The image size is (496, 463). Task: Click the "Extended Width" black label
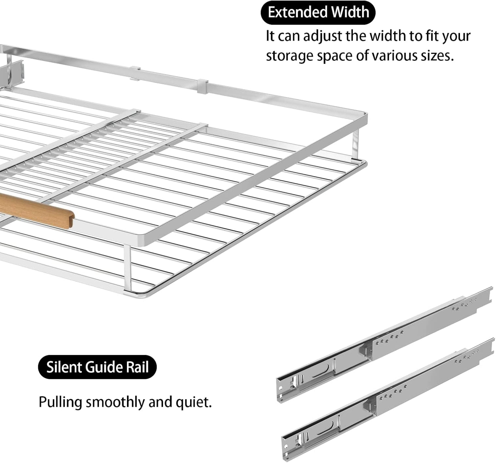point(318,12)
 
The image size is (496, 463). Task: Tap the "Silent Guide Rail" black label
point(97,367)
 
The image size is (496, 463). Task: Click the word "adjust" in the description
point(323,36)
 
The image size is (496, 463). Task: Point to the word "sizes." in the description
point(437,56)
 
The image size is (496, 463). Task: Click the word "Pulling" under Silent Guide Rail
point(60,402)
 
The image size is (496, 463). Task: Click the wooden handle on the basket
point(38,210)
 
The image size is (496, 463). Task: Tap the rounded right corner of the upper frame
point(364,117)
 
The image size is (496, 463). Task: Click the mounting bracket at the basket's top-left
point(14,72)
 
